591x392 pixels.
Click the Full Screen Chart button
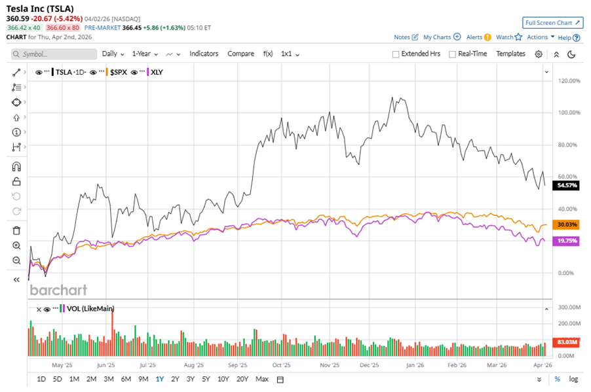pyautogui.click(x=552, y=23)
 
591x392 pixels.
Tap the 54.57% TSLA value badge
pyautogui.click(x=567, y=186)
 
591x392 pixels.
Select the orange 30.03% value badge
pyautogui.click(x=567, y=224)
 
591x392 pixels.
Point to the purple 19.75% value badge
pyautogui.click(x=567, y=241)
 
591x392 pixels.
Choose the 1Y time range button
pyautogui.click(x=160, y=379)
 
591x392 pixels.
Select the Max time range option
pyautogui.click(x=262, y=379)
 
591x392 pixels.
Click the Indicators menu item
pyautogui.click(x=204, y=54)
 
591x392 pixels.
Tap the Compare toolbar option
pyautogui.click(x=240, y=54)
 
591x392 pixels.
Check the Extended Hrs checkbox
pyautogui.click(x=396, y=54)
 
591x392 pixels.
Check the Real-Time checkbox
pyautogui.click(x=452, y=54)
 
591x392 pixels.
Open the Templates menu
pyautogui.click(x=510, y=54)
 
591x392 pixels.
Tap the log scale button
pyautogui.click(x=573, y=379)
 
